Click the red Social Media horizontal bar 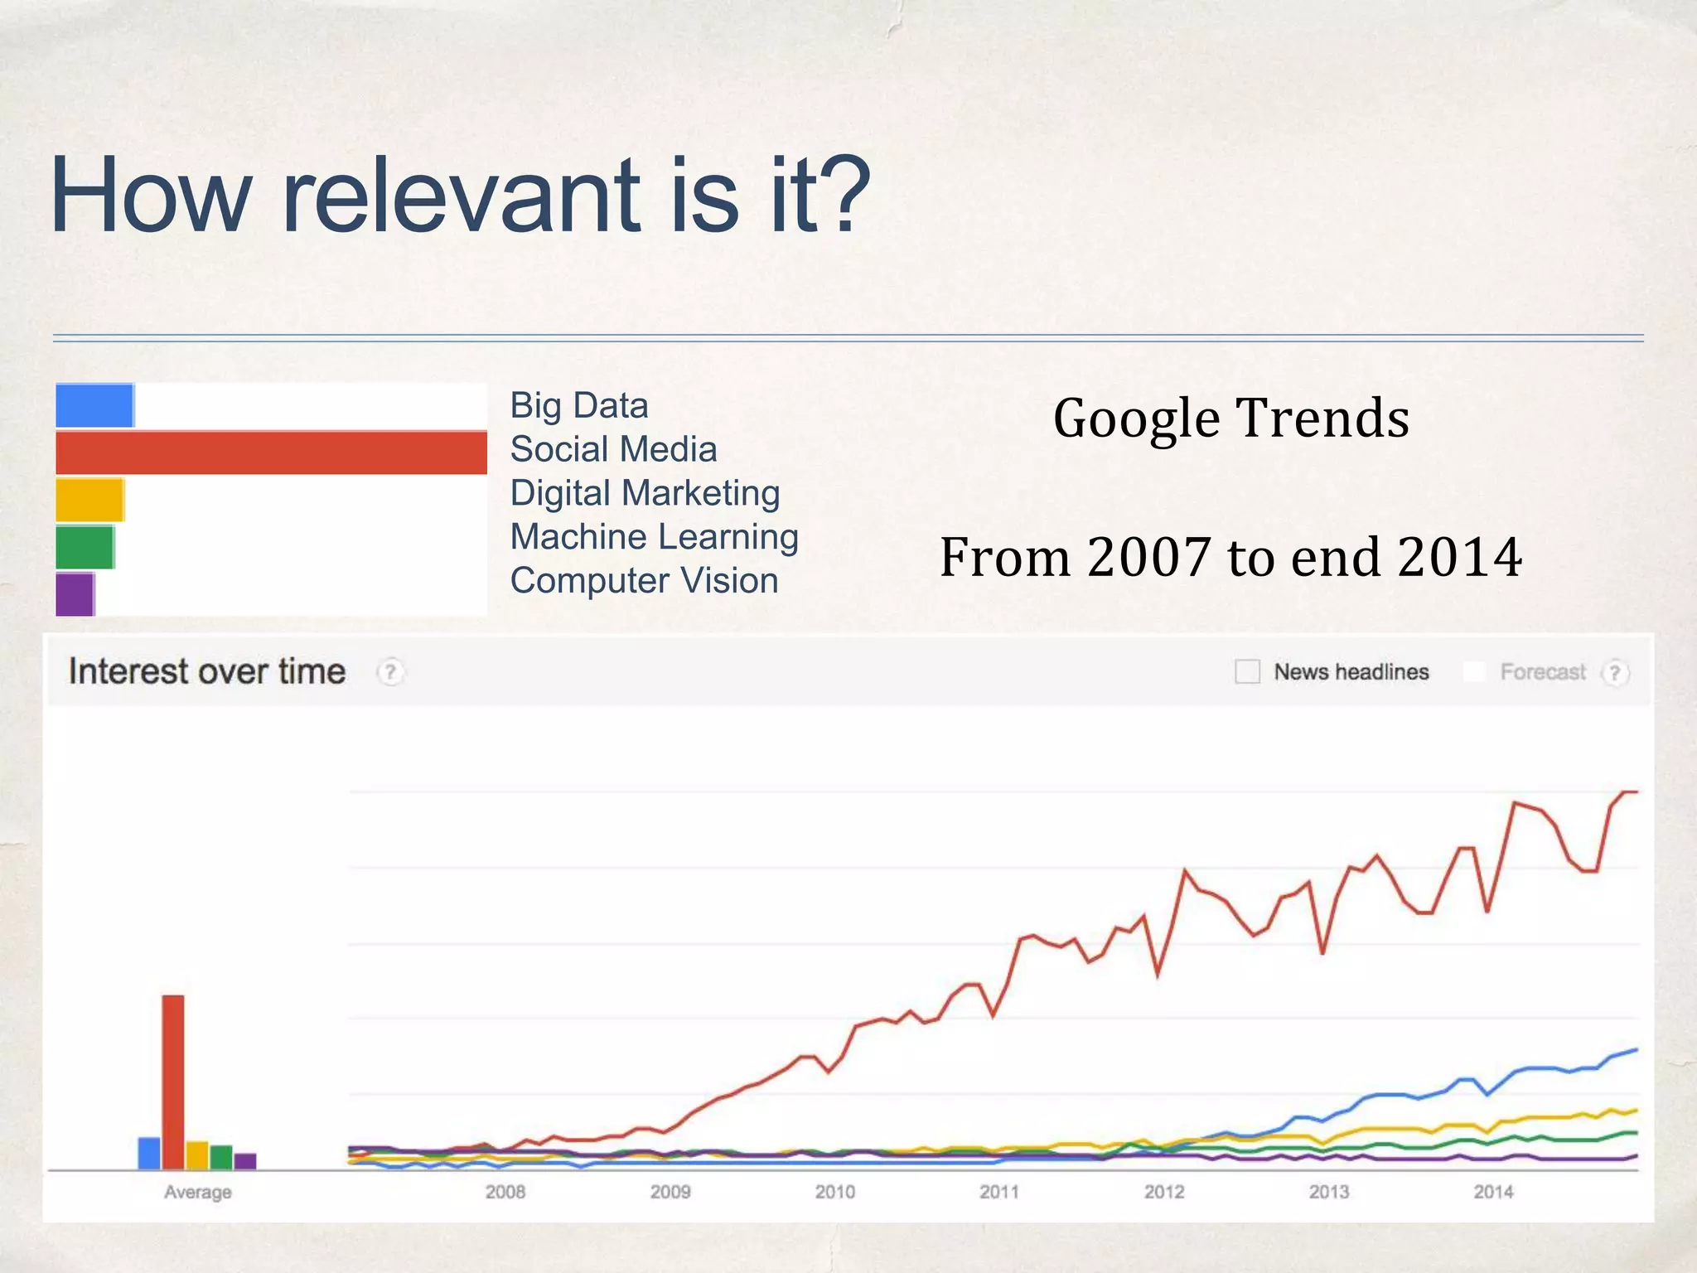click(x=271, y=453)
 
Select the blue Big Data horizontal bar click(x=94, y=405)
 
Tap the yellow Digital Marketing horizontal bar click(x=89, y=500)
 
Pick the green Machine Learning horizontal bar click(x=85, y=547)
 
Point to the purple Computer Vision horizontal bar click(x=75, y=594)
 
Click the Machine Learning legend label click(x=654, y=537)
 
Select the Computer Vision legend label click(x=644, y=581)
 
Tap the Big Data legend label click(x=578, y=406)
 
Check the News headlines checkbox click(x=1247, y=671)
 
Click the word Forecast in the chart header click(x=1542, y=672)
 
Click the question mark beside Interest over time click(x=390, y=672)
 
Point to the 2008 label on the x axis click(x=505, y=1192)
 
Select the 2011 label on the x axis click(x=999, y=1192)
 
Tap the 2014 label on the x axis click(x=1493, y=1192)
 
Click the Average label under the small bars click(x=197, y=1193)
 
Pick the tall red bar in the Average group click(x=173, y=1082)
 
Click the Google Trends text click(x=1230, y=419)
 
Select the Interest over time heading click(x=207, y=671)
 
